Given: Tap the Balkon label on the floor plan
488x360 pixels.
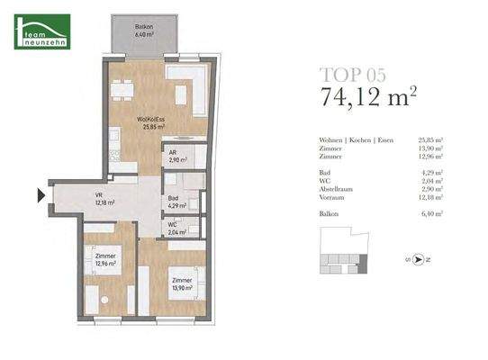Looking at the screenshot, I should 142,31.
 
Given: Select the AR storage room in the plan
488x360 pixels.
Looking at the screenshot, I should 176,156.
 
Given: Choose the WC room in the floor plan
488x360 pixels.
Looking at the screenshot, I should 176,229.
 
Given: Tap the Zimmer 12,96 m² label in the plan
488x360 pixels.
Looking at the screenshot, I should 106,260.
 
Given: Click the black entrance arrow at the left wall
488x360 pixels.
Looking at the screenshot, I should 40,194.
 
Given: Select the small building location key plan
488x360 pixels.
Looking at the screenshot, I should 346,255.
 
